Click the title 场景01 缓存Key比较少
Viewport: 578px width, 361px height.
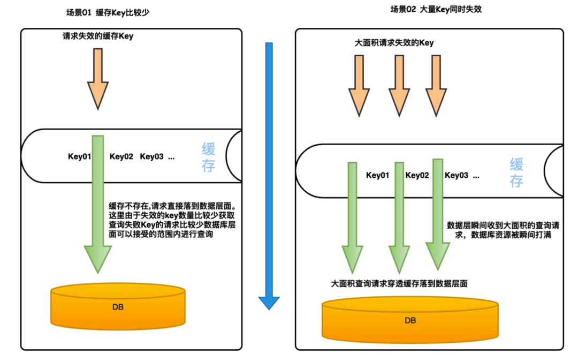pyautogui.click(x=108, y=12)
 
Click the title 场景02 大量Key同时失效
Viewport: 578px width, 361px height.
pyautogui.click(x=436, y=9)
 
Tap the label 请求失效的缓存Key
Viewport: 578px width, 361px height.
pyautogui.click(x=98, y=36)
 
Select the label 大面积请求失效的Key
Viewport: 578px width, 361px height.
pyautogui.click(x=394, y=43)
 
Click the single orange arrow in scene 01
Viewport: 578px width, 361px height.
pyautogui.click(x=98, y=79)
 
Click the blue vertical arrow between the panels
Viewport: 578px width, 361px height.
pyautogui.click(x=269, y=176)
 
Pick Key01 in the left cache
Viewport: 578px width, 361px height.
pyautogui.click(x=79, y=156)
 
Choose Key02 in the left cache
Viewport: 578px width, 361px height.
pyautogui.click(x=121, y=156)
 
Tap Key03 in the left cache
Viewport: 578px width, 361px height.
pyautogui.click(x=151, y=156)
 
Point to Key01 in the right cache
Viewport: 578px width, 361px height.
pyautogui.click(x=377, y=175)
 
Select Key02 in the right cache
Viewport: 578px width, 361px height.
pyautogui.click(x=417, y=175)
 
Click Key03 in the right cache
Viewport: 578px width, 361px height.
pyautogui.click(x=457, y=175)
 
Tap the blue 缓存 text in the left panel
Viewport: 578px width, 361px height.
pyautogui.click(x=208, y=157)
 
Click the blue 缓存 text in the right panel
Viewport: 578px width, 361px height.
pyautogui.click(x=516, y=172)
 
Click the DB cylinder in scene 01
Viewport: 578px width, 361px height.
pyautogui.click(x=118, y=306)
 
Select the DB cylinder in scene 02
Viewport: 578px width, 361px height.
pyautogui.click(x=410, y=320)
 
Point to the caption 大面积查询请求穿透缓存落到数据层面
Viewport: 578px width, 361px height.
pyautogui.click(x=399, y=283)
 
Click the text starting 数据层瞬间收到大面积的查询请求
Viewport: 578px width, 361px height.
pyautogui.click(x=503, y=230)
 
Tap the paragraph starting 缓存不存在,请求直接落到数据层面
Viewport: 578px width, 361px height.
pyautogui.click(x=172, y=220)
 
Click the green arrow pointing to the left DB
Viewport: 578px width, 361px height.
pyautogui.click(x=98, y=204)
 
